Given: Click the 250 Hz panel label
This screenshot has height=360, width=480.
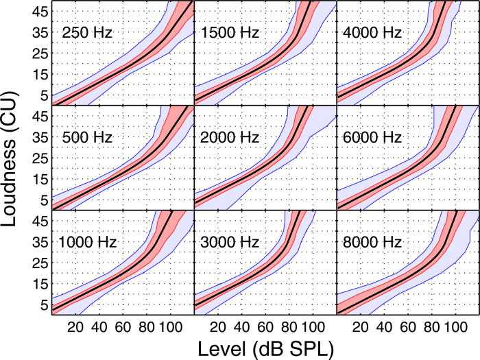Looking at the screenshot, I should tap(88, 32).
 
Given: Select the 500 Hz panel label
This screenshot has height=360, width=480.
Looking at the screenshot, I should tap(88, 136).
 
